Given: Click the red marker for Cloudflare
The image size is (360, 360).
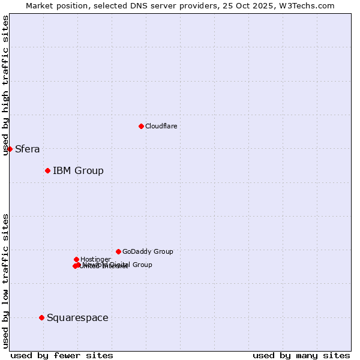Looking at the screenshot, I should pos(141,126).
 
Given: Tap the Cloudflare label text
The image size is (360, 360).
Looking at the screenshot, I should pos(161,126).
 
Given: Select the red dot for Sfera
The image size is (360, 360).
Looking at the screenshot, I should pos(10,149).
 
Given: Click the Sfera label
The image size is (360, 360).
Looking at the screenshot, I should pos(27,149).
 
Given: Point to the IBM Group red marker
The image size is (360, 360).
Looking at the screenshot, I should pos(47,171).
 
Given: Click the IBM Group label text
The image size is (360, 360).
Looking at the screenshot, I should pos(78,171).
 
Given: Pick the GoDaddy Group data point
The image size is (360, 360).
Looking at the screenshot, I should pos(118,251).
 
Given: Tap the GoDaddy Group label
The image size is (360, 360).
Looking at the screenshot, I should pos(148,252).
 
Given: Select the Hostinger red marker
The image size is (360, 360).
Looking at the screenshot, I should pos(76,259).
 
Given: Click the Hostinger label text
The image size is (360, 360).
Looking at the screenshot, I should pos(95,259).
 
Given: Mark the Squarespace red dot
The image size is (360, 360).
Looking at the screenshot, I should pos(41,317).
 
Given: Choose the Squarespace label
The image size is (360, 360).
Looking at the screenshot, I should pos(77,318).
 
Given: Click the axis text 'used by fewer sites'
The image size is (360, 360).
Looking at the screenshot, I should pos(62,356).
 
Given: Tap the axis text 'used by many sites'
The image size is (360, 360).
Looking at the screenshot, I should pos(301,356).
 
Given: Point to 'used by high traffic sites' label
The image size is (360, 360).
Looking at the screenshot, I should pos(6,85).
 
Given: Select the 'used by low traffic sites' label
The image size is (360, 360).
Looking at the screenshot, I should pos(6,280).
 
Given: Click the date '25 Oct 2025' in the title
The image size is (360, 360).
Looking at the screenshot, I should pos(256,5).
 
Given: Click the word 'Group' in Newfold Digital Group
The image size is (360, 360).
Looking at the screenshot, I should pos(142,265).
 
